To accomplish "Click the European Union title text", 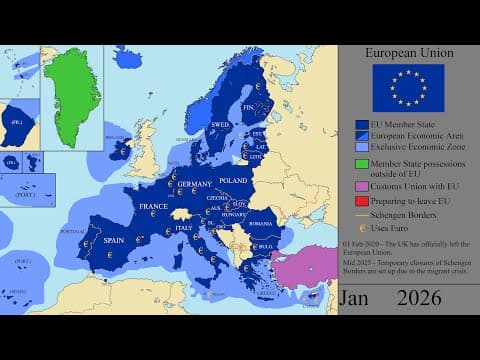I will [x=408, y=52].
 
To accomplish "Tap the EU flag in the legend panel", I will [x=408, y=87].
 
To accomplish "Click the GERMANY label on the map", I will [x=194, y=185].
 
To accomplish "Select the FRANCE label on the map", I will [x=153, y=206].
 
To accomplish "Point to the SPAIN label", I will [x=114, y=240].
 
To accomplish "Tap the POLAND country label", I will [x=233, y=181].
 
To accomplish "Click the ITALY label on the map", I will [x=185, y=228].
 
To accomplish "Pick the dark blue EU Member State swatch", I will [x=362, y=125].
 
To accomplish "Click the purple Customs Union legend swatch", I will [x=362, y=185].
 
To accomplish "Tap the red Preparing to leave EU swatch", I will [x=362, y=199].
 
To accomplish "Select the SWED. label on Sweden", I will [x=219, y=125].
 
